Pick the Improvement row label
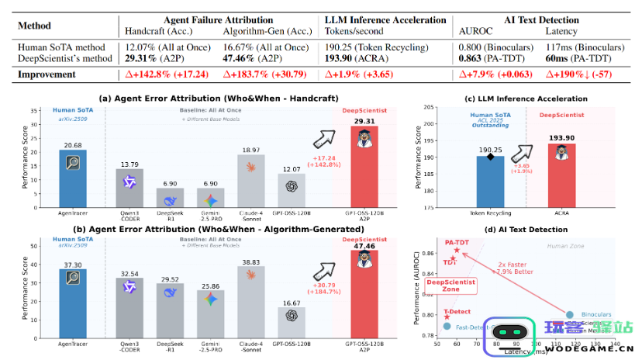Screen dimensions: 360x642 pos(50,74)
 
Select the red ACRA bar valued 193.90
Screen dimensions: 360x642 pos(562,176)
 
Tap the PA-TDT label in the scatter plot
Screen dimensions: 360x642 pos(457,242)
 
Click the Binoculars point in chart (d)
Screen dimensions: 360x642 pos(570,314)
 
